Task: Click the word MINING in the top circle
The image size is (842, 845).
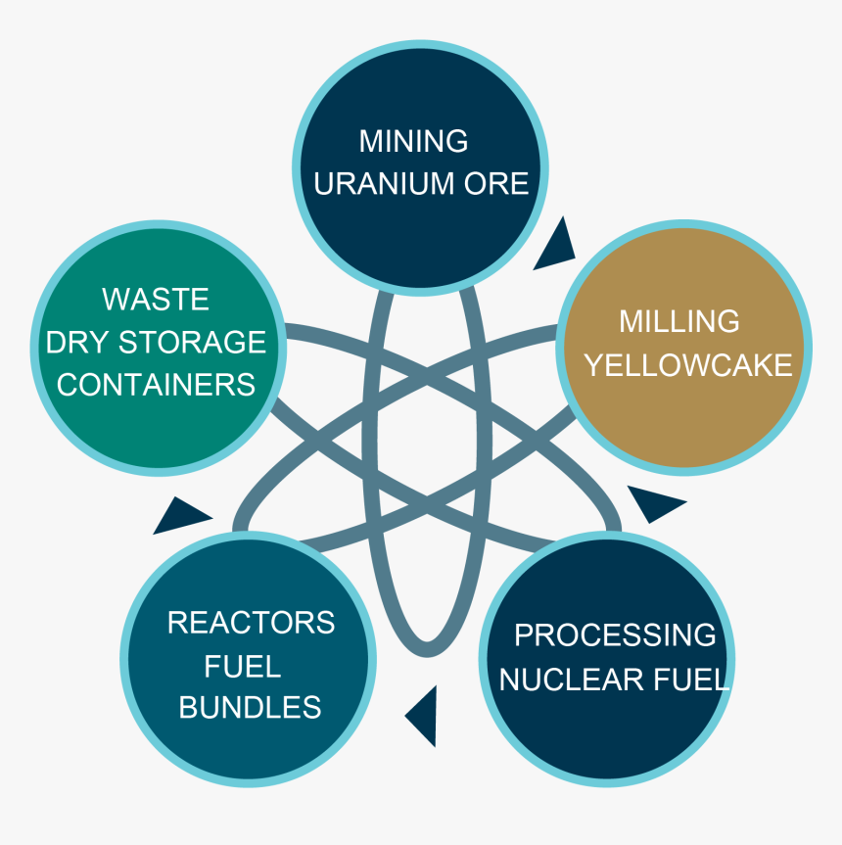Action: click(413, 141)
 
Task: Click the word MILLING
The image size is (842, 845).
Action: click(679, 321)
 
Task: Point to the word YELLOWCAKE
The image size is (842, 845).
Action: click(687, 365)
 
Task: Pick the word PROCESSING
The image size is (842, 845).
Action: click(615, 634)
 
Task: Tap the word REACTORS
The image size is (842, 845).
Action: click(251, 622)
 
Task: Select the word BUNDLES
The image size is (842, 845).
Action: click(250, 707)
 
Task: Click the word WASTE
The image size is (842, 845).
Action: click(156, 298)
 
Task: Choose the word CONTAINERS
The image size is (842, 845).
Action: click(156, 384)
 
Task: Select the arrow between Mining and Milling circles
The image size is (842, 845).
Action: click(556, 247)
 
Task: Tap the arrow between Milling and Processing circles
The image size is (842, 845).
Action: click(653, 504)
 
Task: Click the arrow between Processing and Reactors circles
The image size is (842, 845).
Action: click(423, 715)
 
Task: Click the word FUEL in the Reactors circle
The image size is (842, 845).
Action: click(243, 666)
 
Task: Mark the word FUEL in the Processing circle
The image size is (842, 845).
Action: click(695, 679)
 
